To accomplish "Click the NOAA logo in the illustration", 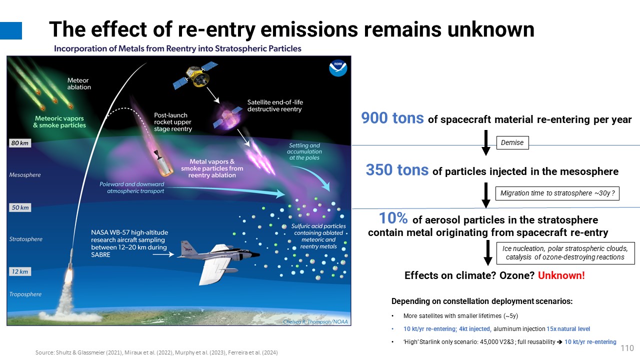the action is click(338, 67).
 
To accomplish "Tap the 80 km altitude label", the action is click(19, 143).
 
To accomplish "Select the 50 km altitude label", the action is click(20, 207).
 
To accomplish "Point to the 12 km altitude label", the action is click(20, 271).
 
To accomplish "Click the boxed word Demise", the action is click(512, 142).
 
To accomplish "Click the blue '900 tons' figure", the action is click(392, 118).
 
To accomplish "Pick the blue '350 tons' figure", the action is click(397, 170).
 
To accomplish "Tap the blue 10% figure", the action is click(393, 218).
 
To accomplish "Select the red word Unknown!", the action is click(561, 275).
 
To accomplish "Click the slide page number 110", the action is click(627, 348).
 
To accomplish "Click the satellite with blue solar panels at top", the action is click(195, 75).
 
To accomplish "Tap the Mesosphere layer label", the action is click(25, 175).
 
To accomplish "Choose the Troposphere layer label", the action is click(25, 294).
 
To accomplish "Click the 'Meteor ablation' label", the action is click(79, 83).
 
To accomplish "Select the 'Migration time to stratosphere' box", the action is click(557, 193).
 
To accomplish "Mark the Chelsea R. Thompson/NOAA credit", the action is click(315, 321).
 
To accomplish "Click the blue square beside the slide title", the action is click(11, 30).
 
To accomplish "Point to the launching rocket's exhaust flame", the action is click(68, 275).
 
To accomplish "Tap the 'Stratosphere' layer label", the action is click(25, 239).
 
